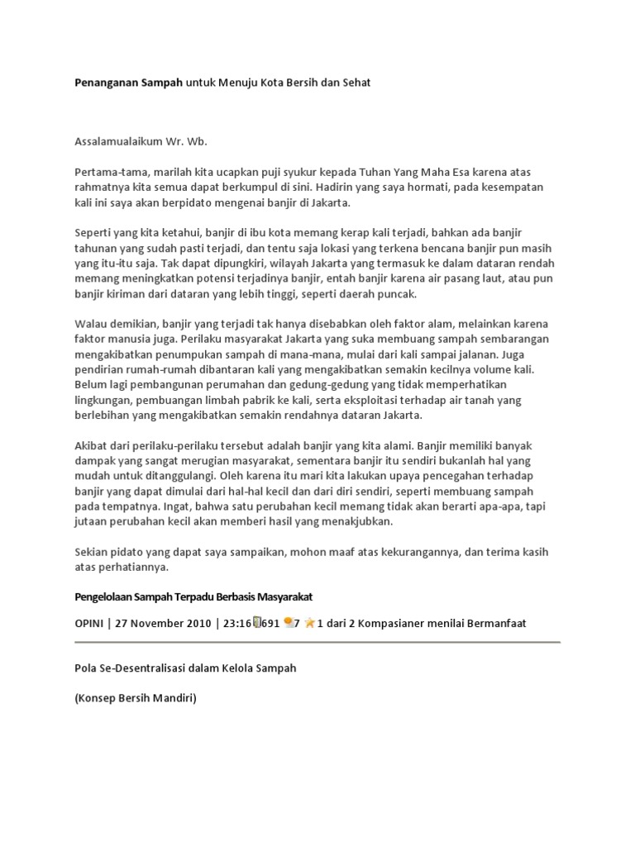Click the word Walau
pyautogui.click(x=89, y=324)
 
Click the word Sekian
pyautogui.click(x=90, y=552)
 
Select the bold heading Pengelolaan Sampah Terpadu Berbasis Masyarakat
pyautogui.click(x=193, y=596)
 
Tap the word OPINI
pyautogui.click(x=90, y=623)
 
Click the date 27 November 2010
pyautogui.click(x=160, y=623)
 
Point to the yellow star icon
pyautogui.click(x=309, y=622)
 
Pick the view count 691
pyautogui.click(x=268, y=623)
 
